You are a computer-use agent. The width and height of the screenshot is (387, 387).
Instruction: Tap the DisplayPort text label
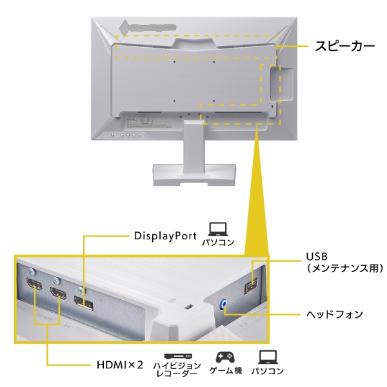[164, 235]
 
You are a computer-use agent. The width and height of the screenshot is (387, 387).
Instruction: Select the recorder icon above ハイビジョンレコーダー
[177, 357]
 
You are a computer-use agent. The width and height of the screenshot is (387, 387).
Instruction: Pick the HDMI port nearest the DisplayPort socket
[59, 296]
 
